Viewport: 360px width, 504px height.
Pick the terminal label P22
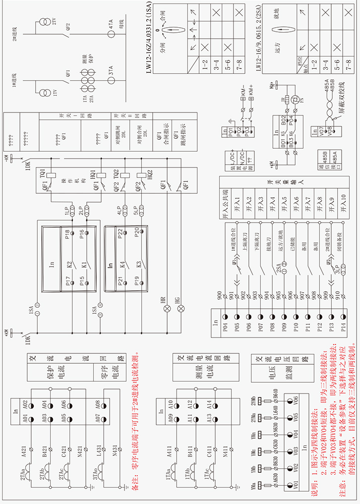pyautogui.click(x=121, y=233)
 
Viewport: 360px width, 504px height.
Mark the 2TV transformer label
pyautogui.click(x=54, y=22)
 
